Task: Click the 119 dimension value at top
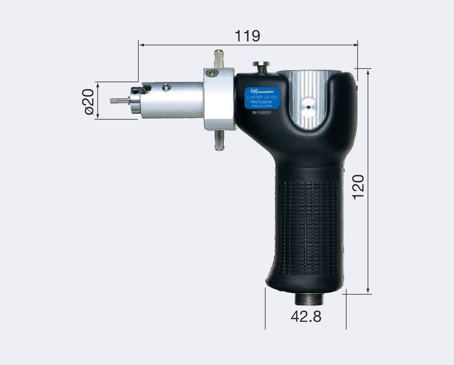pyautogui.click(x=247, y=36)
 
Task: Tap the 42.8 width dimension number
pyautogui.click(x=306, y=316)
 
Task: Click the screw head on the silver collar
pyautogui.click(x=211, y=73)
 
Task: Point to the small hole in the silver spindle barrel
pyautogui.click(x=165, y=87)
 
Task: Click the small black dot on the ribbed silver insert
pyautogui.click(x=309, y=107)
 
